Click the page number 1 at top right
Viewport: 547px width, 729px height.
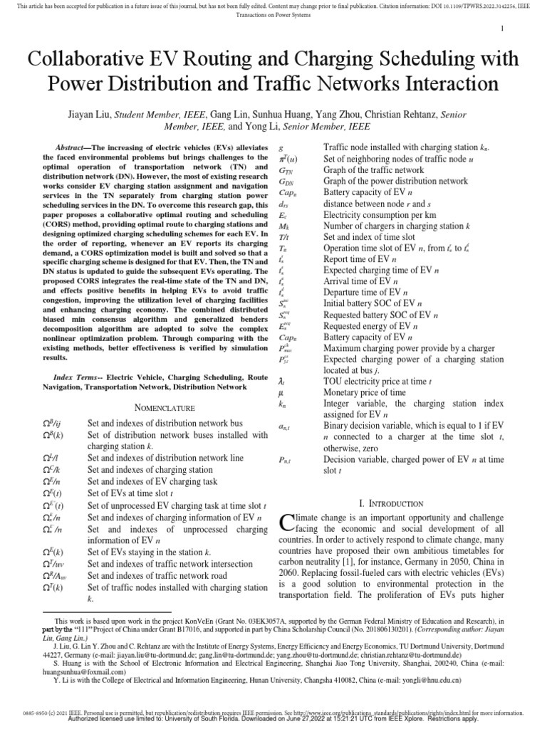(502, 28)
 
